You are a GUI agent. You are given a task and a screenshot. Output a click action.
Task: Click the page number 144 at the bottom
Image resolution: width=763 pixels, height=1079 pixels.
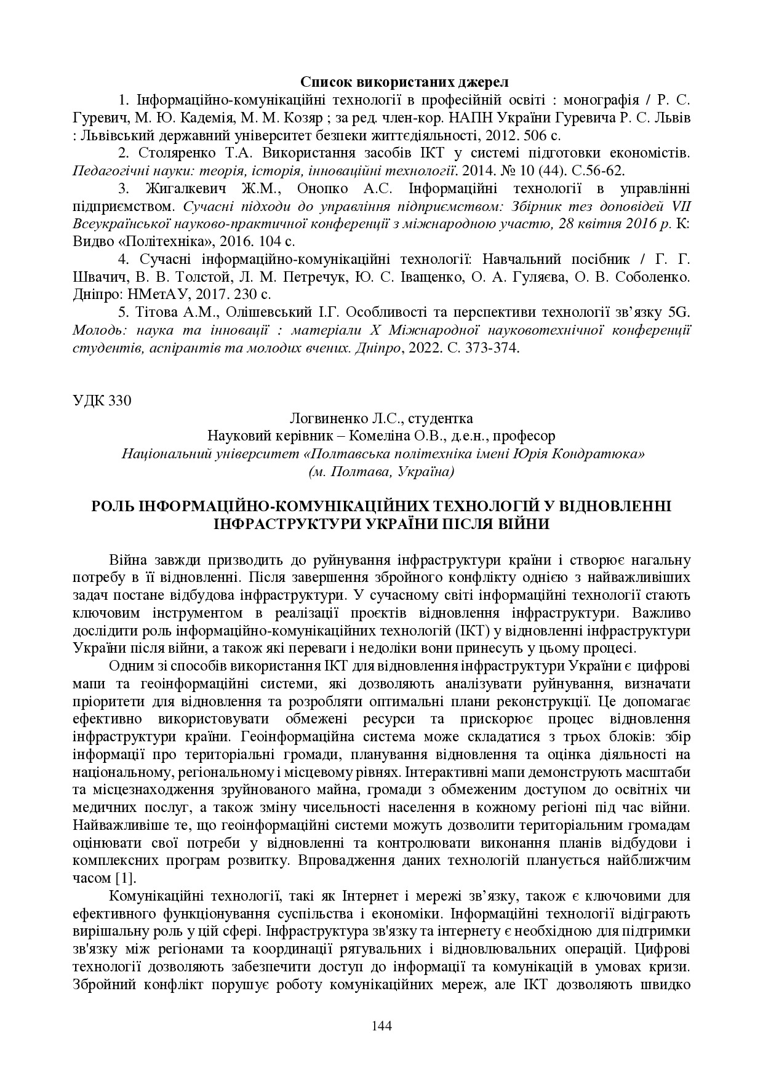[381, 1025]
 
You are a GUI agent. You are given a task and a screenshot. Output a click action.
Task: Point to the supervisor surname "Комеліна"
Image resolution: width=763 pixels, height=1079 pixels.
[382, 436]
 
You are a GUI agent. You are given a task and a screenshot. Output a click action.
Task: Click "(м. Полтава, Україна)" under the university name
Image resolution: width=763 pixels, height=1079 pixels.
[381, 472]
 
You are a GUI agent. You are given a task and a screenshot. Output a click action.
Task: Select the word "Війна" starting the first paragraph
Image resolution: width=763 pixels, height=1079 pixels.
[128, 560]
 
